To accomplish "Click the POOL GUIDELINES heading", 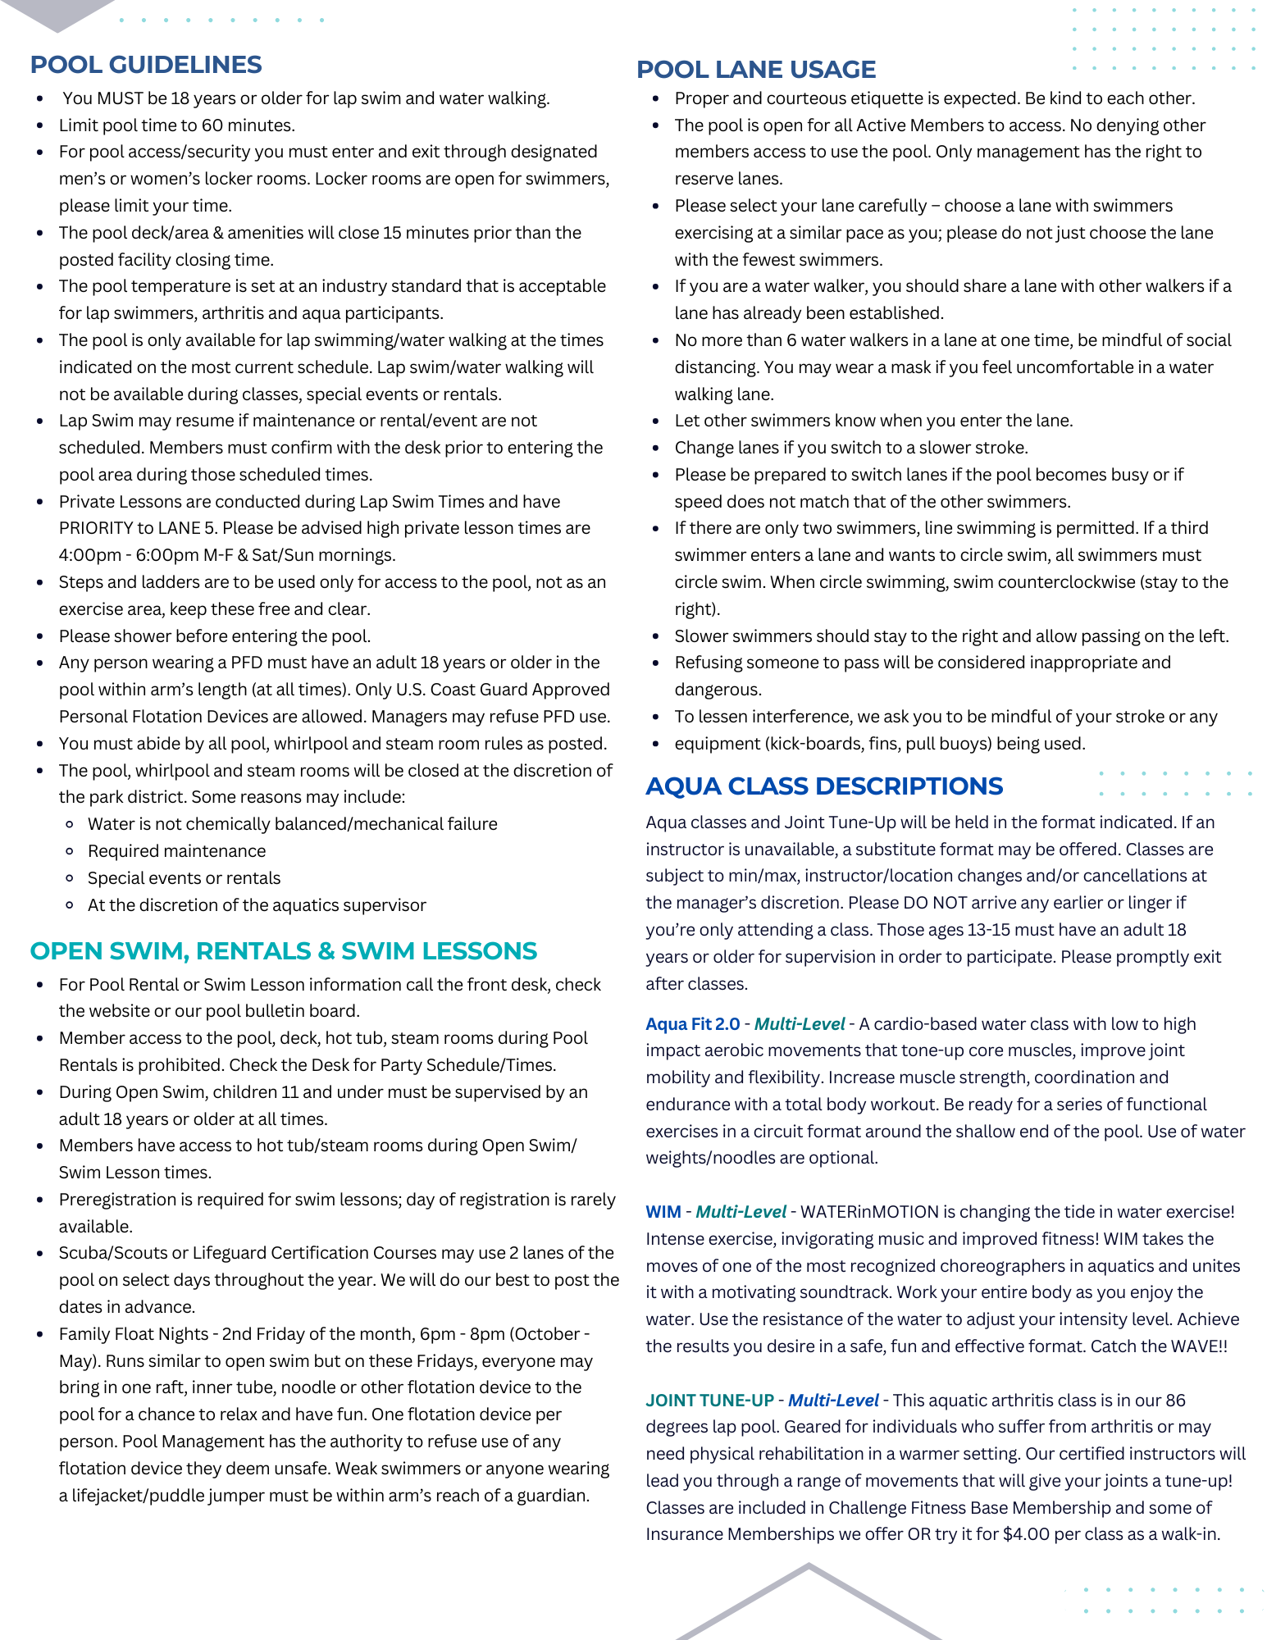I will pyautogui.click(x=146, y=65).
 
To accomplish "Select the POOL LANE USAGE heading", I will pyautogui.click(x=756, y=70).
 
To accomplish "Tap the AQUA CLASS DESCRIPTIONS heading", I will pyautogui.click(x=823, y=786).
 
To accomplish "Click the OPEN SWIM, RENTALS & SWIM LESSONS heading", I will pyautogui.click(x=283, y=951).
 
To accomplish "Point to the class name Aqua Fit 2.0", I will pyautogui.click(x=692, y=1024).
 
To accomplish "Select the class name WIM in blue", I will pyautogui.click(x=663, y=1212).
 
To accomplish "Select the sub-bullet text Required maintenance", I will pyautogui.click(x=176, y=851).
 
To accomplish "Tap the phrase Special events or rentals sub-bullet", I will pyautogui.click(x=184, y=878).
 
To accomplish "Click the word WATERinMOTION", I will pyautogui.click(x=869, y=1212).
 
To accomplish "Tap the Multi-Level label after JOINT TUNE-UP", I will pyautogui.click(x=833, y=1401).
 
